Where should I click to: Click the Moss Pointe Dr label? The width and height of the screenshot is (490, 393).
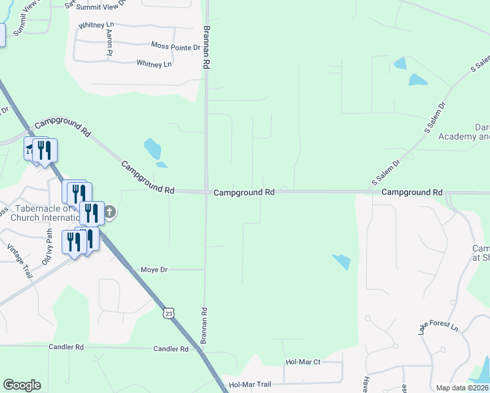pos(175,47)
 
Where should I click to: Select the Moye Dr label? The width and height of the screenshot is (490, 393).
pos(155,270)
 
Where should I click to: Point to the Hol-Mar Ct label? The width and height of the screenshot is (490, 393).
pos(303,362)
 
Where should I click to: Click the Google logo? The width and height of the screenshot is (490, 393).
pos(22,385)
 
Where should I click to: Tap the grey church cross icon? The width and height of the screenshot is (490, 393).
pos(109,212)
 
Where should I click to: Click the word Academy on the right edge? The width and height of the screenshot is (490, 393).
pos(472,137)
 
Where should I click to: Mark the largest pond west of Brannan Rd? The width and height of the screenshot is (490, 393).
pos(153,148)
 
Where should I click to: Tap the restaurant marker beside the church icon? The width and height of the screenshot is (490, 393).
pos(91,213)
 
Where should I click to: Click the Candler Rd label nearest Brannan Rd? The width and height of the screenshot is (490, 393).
pos(170,349)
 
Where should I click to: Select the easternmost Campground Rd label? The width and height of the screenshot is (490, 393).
pos(412,193)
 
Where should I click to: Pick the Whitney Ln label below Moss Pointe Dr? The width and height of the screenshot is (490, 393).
pos(154,64)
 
